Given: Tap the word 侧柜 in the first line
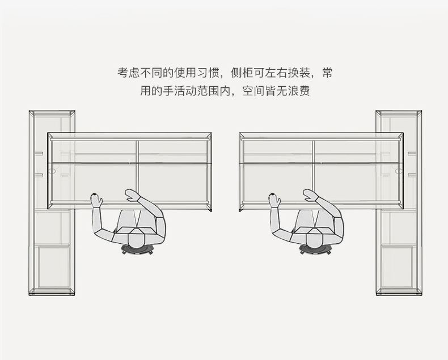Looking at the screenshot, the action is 242,74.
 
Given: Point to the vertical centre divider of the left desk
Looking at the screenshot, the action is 137,170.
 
